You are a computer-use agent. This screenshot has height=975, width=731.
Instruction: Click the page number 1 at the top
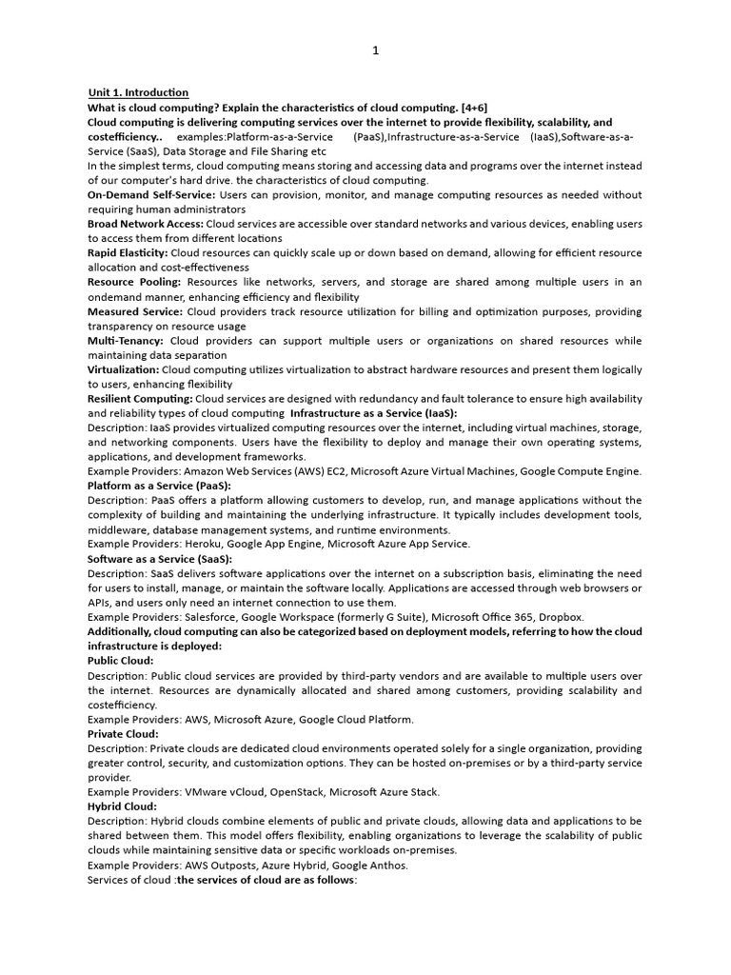376,51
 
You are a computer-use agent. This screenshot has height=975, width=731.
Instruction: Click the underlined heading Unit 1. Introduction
138,92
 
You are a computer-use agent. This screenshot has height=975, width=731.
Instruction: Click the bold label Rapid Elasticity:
128,253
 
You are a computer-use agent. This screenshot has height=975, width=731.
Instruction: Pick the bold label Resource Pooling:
133,283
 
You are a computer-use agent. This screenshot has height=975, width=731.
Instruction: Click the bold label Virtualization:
124,369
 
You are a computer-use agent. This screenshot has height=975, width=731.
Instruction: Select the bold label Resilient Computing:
140,399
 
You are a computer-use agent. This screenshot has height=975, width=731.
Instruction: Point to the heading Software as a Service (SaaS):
160,559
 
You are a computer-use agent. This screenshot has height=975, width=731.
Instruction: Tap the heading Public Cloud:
121,661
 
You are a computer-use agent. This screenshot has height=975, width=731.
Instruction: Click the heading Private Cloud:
123,734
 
